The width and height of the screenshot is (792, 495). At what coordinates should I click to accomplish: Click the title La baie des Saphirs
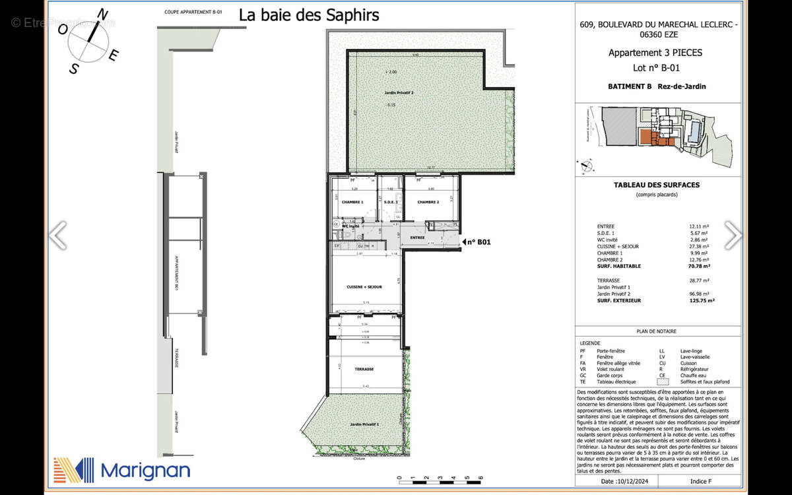309,15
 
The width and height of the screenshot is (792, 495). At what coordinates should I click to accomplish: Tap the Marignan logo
122,470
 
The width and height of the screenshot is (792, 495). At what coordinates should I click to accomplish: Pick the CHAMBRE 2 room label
428,202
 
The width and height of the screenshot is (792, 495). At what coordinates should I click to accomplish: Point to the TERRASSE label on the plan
364,370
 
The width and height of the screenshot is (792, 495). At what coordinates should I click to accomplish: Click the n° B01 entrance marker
477,242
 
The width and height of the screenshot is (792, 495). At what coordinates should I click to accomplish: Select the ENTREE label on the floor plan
417,238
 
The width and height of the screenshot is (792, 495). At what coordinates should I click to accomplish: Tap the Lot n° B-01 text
656,67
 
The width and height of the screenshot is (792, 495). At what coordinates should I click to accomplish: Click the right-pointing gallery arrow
733,235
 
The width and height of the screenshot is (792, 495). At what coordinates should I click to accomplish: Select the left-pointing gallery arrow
58,235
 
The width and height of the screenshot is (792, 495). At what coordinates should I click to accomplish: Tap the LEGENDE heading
589,344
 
